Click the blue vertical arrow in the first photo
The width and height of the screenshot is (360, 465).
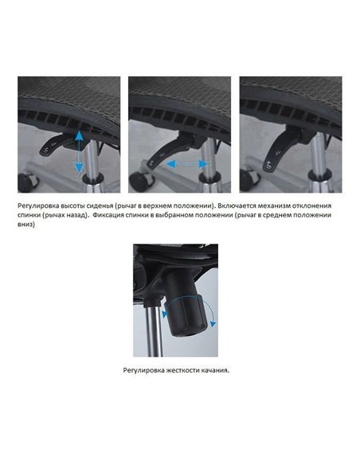pyautogui.click(x=79, y=152)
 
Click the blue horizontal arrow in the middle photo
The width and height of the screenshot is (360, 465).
pyautogui.click(x=187, y=164)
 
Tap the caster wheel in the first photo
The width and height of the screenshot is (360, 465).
pyautogui.click(x=27, y=182)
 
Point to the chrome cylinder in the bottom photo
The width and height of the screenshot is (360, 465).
pyautogui.click(x=155, y=330)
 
